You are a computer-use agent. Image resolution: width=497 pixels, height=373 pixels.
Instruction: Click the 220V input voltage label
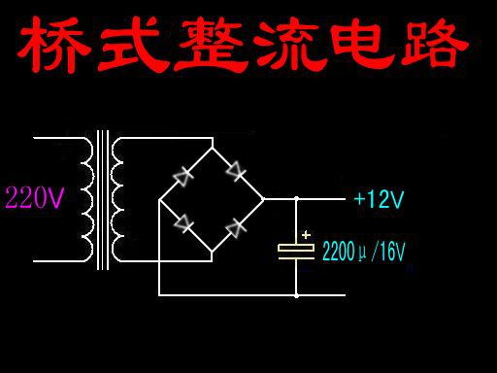35,198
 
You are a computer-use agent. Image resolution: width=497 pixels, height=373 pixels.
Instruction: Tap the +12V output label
379,200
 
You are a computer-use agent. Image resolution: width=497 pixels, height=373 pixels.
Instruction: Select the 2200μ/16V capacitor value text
363,252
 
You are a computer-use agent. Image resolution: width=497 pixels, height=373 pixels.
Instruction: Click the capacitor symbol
296,250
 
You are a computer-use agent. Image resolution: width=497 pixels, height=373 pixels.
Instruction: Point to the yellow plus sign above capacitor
306,234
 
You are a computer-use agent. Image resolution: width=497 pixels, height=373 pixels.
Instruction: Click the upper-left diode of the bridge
182,175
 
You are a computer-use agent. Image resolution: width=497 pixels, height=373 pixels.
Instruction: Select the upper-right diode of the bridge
236,172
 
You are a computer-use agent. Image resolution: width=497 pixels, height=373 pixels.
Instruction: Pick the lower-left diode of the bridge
182,223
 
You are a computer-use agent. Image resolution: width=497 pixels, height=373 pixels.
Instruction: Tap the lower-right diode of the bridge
235,228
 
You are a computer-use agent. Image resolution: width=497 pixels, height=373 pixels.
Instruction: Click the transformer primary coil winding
86,199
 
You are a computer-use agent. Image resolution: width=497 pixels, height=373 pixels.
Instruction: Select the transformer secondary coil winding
117,199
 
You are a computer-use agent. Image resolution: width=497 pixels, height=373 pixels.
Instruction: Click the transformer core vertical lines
102,199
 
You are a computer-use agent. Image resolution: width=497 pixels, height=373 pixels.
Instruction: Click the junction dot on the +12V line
296,199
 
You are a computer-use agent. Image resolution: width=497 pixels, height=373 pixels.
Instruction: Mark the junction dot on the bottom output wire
296,295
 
